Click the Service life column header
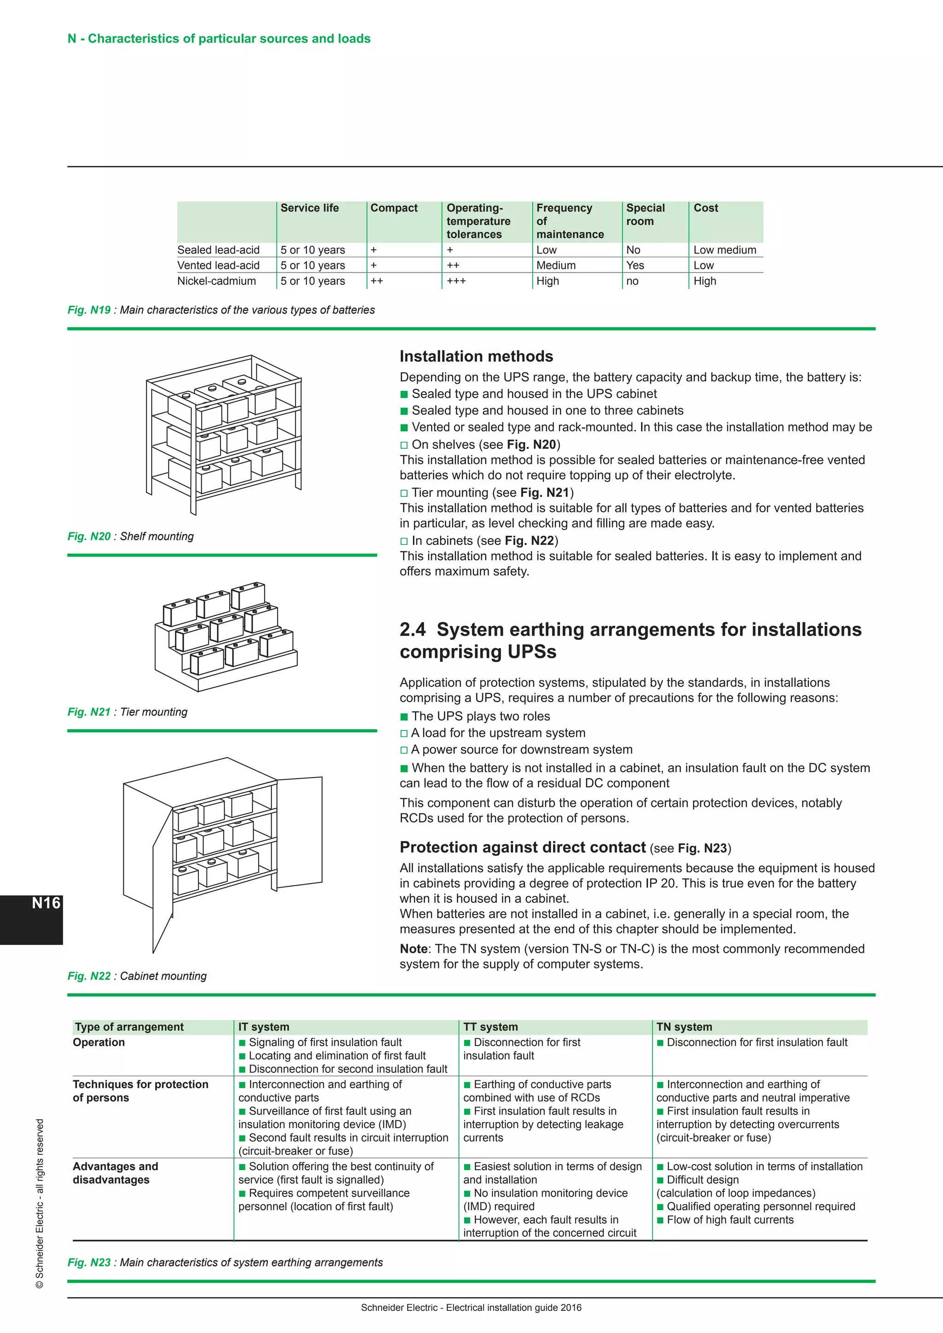[309, 208]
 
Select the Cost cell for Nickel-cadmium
[704, 281]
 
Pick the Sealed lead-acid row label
[218, 250]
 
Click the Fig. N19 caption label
[89, 310]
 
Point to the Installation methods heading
[476, 356]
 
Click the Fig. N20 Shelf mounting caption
[131, 536]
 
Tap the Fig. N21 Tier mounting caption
[128, 712]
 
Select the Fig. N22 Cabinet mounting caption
[137, 976]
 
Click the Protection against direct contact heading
[522, 848]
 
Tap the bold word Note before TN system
[413, 949]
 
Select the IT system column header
[264, 1026]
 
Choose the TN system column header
[684, 1026]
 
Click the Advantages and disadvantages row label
[115, 1173]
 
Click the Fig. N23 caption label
[89, 1262]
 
